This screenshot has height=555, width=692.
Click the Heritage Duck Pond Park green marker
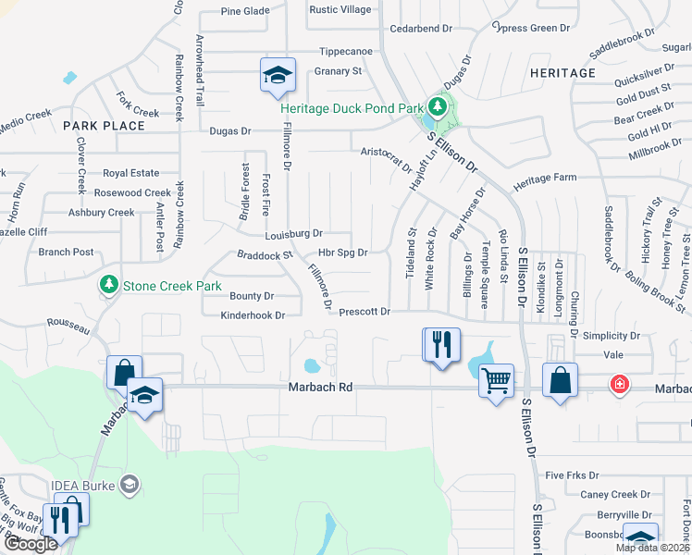[431, 109]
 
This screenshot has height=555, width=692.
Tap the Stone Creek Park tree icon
[109, 284]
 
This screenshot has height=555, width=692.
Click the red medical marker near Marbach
[618, 385]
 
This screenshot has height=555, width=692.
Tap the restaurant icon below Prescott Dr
[440, 344]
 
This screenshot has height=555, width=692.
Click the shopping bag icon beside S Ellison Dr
[560, 379]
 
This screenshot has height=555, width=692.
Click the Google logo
[31, 544]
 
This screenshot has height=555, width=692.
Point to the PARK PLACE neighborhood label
[104, 126]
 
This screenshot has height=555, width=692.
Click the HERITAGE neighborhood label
[562, 73]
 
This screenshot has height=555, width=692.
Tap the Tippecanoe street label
[345, 52]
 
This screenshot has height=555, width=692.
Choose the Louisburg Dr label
[293, 234]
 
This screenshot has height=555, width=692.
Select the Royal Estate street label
[130, 173]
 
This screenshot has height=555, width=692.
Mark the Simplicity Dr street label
[608, 337]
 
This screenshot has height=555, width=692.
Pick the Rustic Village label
[340, 10]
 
